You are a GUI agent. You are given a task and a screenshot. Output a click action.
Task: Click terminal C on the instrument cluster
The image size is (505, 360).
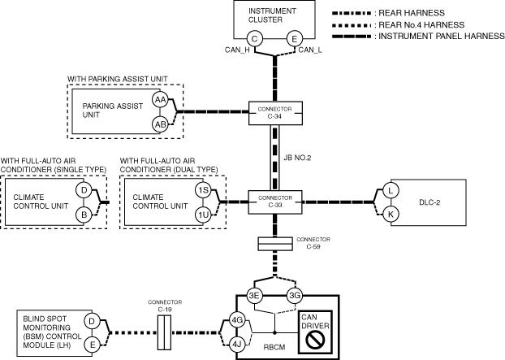[x=254, y=39]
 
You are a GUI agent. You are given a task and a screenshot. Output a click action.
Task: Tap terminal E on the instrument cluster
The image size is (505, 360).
[x=295, y=39]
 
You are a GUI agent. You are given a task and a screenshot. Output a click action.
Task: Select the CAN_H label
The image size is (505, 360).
[x=237, y=50]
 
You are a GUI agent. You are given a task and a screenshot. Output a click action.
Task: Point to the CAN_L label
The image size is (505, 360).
[x=310, y=50]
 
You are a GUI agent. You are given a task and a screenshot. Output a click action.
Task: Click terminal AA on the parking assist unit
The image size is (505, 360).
[x=160, y=100]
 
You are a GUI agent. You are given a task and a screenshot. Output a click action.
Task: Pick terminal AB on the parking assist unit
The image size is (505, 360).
[x=160, y=124]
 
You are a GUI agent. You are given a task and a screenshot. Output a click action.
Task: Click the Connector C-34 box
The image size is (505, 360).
[x=275, y=113]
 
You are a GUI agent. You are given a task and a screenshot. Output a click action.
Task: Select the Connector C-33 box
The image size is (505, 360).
[x=275, y=202]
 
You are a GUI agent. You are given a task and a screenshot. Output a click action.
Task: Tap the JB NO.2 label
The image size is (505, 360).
[x=297, y=158]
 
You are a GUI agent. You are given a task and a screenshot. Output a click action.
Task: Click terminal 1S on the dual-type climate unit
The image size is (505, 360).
[x=204, y=190]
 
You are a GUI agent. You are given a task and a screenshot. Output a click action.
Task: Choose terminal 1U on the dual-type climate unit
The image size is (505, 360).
[x=204, y=215]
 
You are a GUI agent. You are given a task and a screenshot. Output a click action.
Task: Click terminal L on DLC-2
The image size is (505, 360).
[x=391, y=190]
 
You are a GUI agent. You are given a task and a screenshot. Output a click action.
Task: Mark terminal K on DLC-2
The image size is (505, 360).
[x=391, y=215]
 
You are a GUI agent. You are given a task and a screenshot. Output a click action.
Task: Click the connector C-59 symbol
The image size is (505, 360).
[x=275, y=244]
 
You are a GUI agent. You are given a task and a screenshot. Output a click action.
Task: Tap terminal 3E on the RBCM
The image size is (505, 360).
[x=254, y=295]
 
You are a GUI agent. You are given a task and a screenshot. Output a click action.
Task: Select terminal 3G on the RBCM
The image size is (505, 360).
[x=295, y=295]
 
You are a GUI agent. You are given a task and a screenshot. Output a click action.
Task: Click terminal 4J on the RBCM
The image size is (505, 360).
[x=237, y=345]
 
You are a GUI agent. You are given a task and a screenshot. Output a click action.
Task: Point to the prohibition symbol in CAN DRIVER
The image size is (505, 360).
[x=315, y=340]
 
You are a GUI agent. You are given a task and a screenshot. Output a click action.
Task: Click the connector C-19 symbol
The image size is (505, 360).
[x=164, y=332]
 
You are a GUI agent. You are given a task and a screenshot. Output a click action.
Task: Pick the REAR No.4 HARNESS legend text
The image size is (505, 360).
[x=421, y=25]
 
